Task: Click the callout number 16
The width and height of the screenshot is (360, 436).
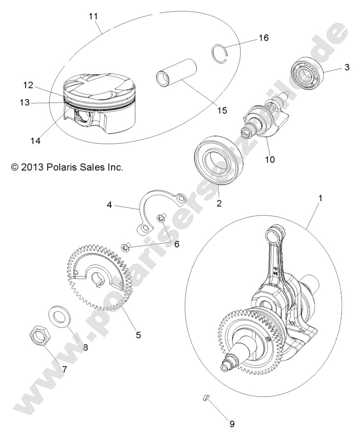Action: pyautogui.click(x=263, y=38)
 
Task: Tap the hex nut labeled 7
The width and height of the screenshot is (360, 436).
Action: pyautogui.click(x=39, y=336)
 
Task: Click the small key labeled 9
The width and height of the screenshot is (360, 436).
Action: pyautogui.click(x=207, y=397)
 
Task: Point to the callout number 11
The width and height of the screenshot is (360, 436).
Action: pyautogui.click(x=94, y=16)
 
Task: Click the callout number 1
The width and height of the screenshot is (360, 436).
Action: pyautogui.click(x=307, y=198)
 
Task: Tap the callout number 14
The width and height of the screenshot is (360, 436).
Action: pyautogui.click(x=34, y=141)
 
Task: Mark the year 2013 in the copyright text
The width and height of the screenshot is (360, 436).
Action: pyautogui.click(x=33, y=167)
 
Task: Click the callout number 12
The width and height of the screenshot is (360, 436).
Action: pyautogui.click(x=27, y=85)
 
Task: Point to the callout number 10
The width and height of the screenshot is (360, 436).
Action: pyautogui.click(x=270, y=160)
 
